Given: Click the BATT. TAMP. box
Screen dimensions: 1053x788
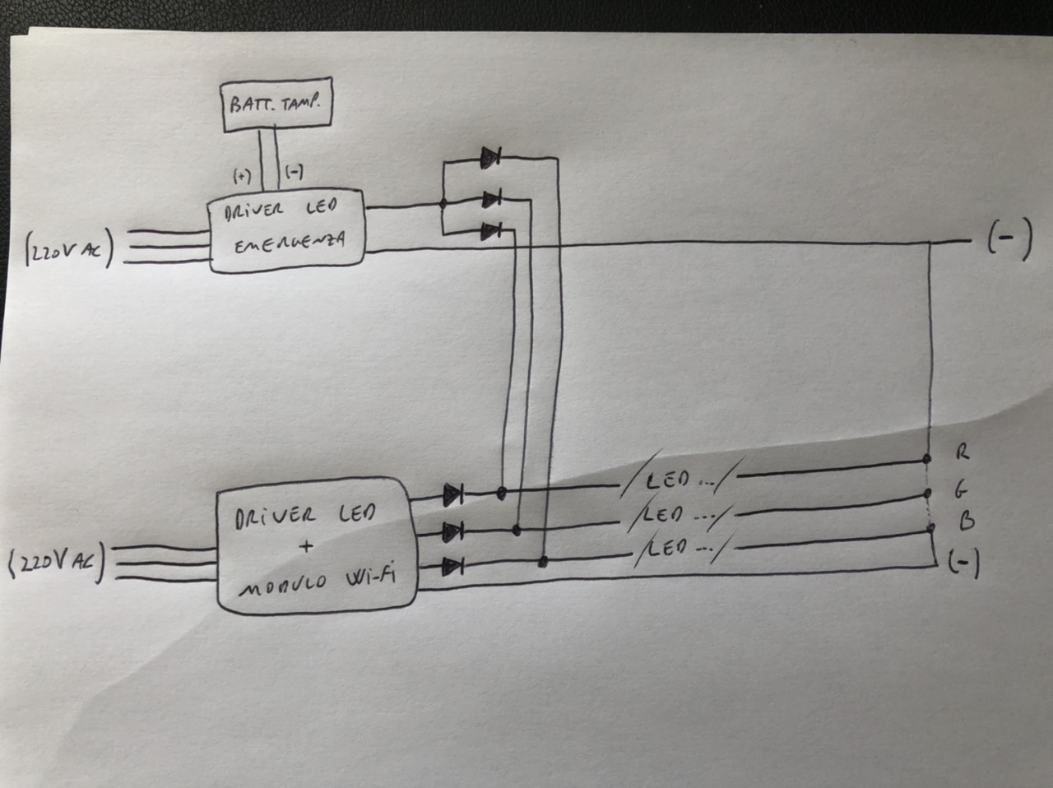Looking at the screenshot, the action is (x=276, y=104).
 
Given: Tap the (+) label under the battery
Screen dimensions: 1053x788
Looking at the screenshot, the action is (x=242, y=177).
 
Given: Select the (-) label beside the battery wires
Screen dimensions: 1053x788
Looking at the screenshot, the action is (x=294, y=171).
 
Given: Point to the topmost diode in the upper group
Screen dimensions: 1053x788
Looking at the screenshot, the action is (x=491, y=157).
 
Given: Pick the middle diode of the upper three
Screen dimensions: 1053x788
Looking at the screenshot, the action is (x=492, y=199).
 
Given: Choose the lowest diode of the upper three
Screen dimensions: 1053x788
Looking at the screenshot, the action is (x=491, y=231).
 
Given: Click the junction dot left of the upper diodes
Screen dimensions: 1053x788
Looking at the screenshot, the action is (x=443, y=204).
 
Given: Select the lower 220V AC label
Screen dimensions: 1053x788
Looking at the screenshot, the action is (x=57, y=563).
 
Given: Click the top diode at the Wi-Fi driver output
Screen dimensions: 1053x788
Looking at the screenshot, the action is (x=452, y=494).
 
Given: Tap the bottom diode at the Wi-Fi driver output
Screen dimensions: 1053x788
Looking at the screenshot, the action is (x=452, y=567).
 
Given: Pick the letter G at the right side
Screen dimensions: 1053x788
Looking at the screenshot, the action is (x=961, y=490).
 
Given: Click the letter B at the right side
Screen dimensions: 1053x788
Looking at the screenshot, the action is (x=967, y=521).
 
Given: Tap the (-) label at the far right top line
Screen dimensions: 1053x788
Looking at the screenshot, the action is (x=1009, y=240).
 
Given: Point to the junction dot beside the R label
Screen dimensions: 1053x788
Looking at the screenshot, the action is (x=927, y=459).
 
